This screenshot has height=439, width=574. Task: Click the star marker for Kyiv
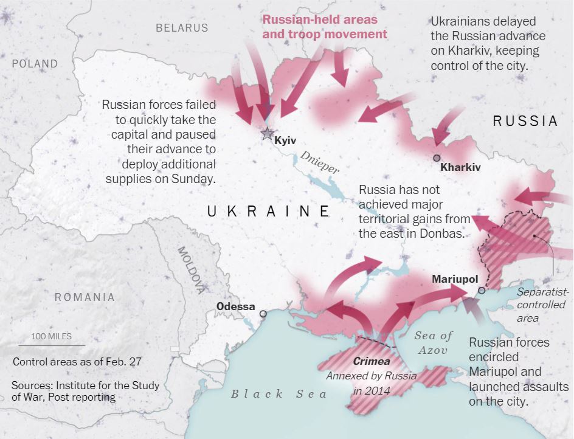click(267, 134)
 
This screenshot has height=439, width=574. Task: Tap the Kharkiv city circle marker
click(437, 158)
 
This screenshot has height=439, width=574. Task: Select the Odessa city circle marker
click(263, 314)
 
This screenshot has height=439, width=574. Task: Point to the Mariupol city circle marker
click(482, 291)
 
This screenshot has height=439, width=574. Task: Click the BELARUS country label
click(182, 27)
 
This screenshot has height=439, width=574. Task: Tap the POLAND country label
click(35, 64)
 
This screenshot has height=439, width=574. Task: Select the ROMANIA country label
click(85, 297)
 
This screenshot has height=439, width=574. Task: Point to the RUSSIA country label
click(525, 121)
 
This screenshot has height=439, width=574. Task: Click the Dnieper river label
click(319, 163)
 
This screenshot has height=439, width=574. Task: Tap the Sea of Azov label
click(434, 343)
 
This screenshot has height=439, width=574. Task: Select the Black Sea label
click(278, 393)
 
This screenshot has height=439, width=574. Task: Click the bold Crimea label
click(371, 362)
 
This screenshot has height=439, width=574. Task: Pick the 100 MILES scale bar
click(59, 345)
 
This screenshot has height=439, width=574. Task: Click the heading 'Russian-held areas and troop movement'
click(325, 26)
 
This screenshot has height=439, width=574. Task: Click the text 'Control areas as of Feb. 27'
click(77, 361)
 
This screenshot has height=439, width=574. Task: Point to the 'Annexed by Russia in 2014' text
click(372, 382)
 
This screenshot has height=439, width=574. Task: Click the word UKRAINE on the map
click(268, 211)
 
